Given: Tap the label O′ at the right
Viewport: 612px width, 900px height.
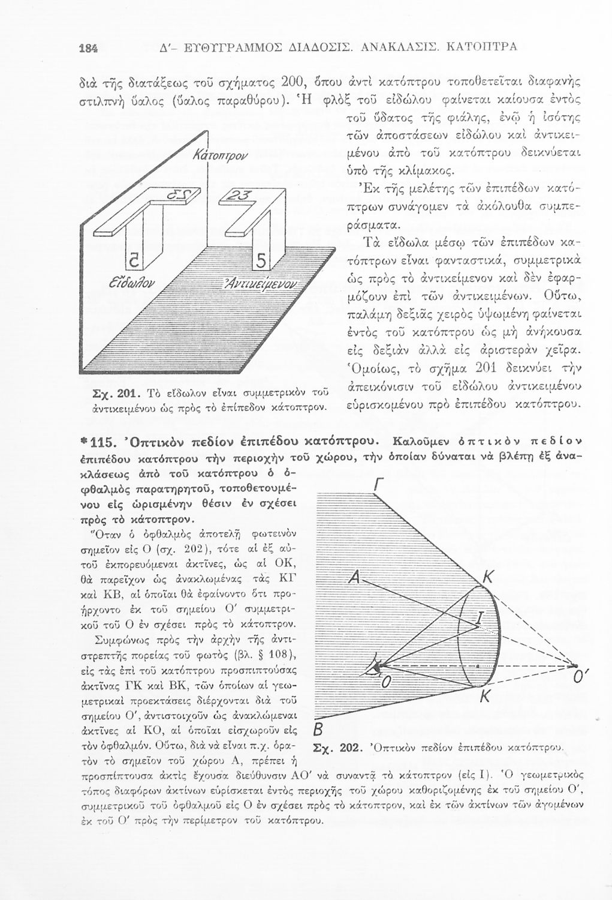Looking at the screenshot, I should click(x=578, y=677).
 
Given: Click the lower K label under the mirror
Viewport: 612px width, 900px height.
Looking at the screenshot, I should click(x=486, y=697).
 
